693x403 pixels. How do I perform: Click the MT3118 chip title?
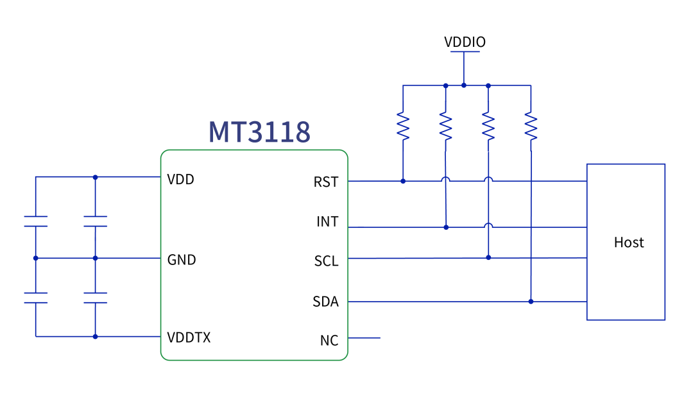tap(259, 131)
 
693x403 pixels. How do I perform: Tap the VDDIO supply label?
tap(465, 42)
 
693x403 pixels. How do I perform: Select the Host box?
tap(626, 242)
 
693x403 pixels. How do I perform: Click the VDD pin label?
tap(180, 180)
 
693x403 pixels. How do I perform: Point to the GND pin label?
tap(182, 260)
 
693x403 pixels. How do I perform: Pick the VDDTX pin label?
tap(189, 338)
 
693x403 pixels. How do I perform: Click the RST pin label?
tap(326, 182)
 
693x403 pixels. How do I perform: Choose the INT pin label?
tap(327, 222)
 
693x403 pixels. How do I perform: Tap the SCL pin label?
tap(326, 262)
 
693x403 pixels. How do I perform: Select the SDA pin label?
tap(325, 302)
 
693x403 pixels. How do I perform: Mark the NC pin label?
tap(329, 341)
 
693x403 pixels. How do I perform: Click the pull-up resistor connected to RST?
tap(403, 126)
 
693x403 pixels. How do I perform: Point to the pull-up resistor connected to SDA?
tap(531, 126)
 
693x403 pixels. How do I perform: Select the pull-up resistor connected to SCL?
tap(488, 126)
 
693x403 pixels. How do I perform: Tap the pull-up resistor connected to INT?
tap(445, 126)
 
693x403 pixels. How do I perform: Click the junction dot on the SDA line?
tap(531, 301)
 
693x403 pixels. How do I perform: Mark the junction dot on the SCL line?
tap(488, 257)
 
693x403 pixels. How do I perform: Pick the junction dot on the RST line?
tap(403, 181)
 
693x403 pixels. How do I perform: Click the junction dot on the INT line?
tap(445, 227)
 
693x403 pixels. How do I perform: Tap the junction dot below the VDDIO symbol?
tap(464, 85)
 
